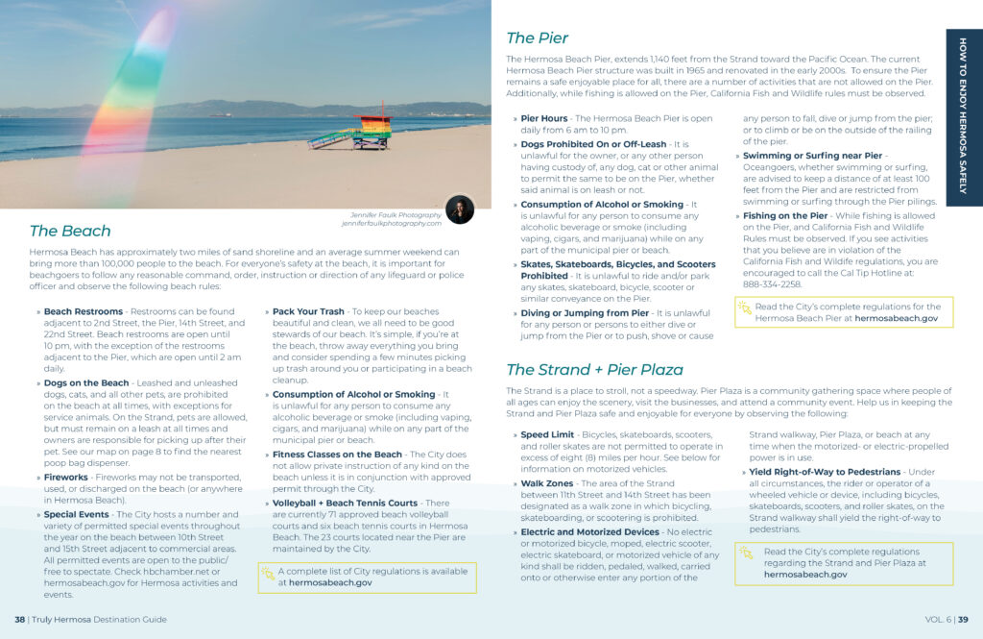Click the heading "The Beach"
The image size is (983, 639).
coord(70,231)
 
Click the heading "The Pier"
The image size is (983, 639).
coord(537,38)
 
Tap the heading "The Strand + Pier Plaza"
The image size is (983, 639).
coord(594,370)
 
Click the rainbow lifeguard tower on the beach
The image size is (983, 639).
coord(369,131)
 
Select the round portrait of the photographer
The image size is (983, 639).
coord(459,209)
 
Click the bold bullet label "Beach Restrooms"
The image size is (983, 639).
coord(84,312)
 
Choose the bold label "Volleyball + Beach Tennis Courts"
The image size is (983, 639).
coord(346,503)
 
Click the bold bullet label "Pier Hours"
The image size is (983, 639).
coord(543,118)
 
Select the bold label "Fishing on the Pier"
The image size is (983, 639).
coord(785,216)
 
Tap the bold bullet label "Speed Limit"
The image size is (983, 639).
coord(547,434)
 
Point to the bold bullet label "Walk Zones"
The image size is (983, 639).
coord(546,483)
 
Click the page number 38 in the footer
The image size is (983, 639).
coord(19,620)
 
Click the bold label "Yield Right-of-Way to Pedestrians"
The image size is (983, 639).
coord(825,472)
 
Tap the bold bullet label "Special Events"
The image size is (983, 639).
coord(76,514)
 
